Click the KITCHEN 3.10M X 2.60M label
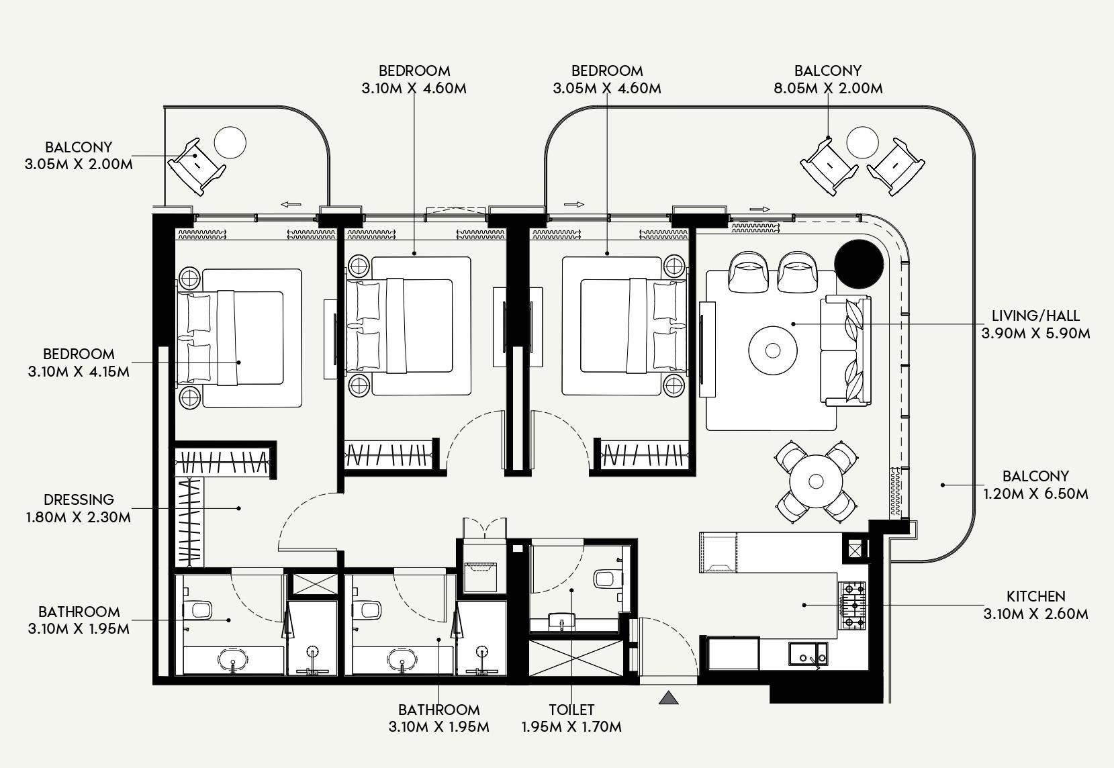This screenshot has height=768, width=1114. [x=1035, y=605]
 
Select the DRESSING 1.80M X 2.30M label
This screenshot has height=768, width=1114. [x=79, y=508]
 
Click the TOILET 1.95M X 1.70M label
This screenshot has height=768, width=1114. [x=571, y=718]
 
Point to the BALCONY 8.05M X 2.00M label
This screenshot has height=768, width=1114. [x=827, y=79]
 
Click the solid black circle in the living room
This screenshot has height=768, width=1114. [x=859, y=263]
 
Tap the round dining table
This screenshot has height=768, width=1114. [x=816, y=481]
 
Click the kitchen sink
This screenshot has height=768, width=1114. [x=808, y=653]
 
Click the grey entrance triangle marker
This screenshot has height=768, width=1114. [x=668, y=698]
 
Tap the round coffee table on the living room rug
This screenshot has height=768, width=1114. [x=773, y=350]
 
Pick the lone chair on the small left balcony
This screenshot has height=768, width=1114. [x=195, y=166]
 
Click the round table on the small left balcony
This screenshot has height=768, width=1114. [x=230, y=142]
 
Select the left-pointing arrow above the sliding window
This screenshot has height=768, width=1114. [x=291, y=205]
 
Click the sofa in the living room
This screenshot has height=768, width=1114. [x=846, y=350]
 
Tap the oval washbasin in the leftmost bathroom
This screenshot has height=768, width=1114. [x=233, y=661]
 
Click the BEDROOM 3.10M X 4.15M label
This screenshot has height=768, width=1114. [x=79, y=363]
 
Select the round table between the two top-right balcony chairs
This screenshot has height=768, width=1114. [x=862, y=142]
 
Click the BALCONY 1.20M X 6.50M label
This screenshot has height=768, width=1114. [x=1035, y=485]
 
